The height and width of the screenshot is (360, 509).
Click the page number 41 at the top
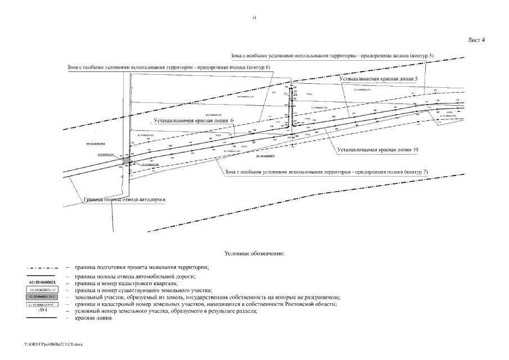pyautogui.click(x=254, y=19)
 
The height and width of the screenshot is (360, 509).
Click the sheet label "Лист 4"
pyautogui.click(x=476, y=40)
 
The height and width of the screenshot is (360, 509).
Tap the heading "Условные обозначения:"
pyautogui.click(x=254, y=254)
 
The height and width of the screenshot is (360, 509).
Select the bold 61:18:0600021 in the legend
pyautogui.click(x=42, y=282)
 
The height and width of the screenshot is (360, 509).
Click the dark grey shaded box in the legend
pyautogui.click(x=42, y=297)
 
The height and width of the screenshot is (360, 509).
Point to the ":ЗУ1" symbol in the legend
pyautogui.click(x=42, y=310)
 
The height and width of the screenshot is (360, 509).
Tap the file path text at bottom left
pyautogui.click(x=49, y=343)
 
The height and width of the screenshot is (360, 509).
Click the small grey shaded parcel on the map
pyautogui.click(x=127, y=161)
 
